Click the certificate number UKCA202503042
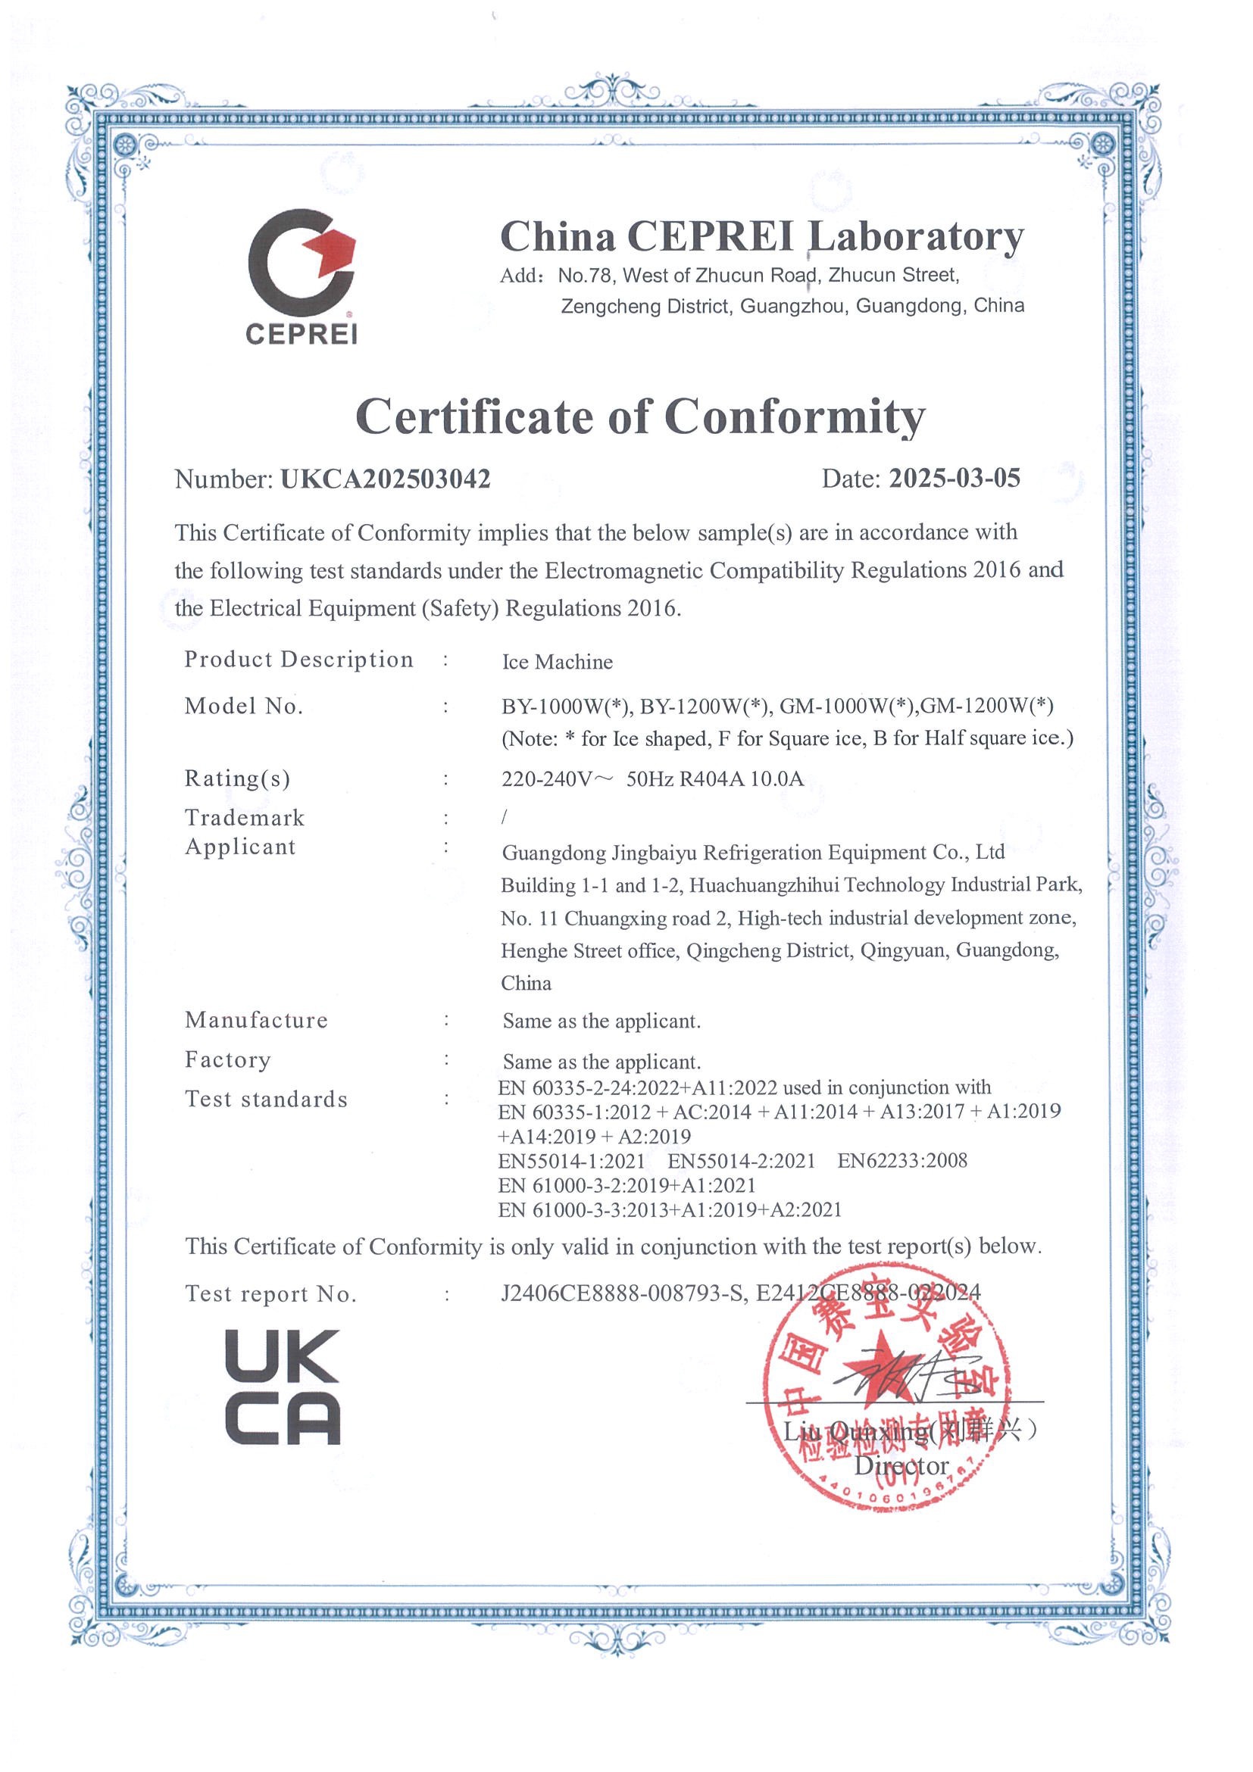(x=386, y=479)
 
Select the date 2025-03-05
(x=955, y=479)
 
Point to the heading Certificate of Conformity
(x=640, y=417)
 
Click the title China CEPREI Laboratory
(x=762, y=237)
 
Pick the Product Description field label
(x=298, y=660)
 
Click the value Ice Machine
(x=557, y=662)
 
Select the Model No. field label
(x=244, y=707)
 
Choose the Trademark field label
(x=245, y=817)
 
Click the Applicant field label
(x=240, y=847)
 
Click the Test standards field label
(x=267, y=1099)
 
